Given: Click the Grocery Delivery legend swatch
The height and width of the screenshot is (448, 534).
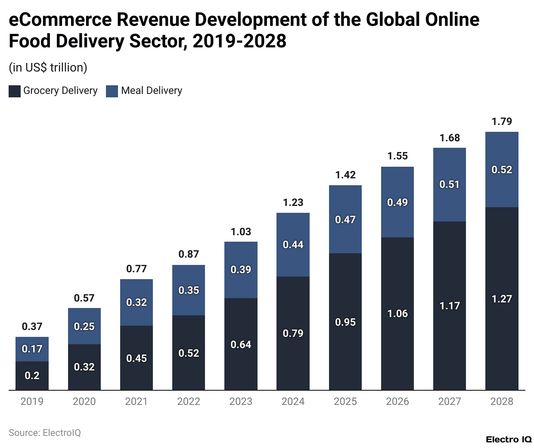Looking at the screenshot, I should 15,91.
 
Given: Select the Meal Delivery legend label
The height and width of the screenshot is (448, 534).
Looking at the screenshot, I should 152,90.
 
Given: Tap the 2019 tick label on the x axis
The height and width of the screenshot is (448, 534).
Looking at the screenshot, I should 32,401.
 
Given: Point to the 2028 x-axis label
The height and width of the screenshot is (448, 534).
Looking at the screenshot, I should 502,401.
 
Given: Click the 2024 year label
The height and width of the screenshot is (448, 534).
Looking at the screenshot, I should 293,401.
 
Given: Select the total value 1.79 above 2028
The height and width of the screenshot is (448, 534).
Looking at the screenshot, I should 502,121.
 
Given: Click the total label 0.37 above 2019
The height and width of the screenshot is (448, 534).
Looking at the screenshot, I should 32,327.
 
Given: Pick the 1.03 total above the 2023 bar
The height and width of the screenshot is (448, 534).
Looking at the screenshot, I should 241,232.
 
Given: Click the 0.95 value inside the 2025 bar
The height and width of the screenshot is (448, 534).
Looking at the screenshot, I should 345,322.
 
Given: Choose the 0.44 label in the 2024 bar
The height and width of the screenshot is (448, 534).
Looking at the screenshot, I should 293,245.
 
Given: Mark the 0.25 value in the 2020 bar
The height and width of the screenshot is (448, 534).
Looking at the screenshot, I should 84,327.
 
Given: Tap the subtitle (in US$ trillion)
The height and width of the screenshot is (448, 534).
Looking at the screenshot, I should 48,68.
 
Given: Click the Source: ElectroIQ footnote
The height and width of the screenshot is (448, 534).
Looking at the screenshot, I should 45,433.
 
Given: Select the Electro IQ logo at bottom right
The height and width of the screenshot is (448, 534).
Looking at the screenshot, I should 509,439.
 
